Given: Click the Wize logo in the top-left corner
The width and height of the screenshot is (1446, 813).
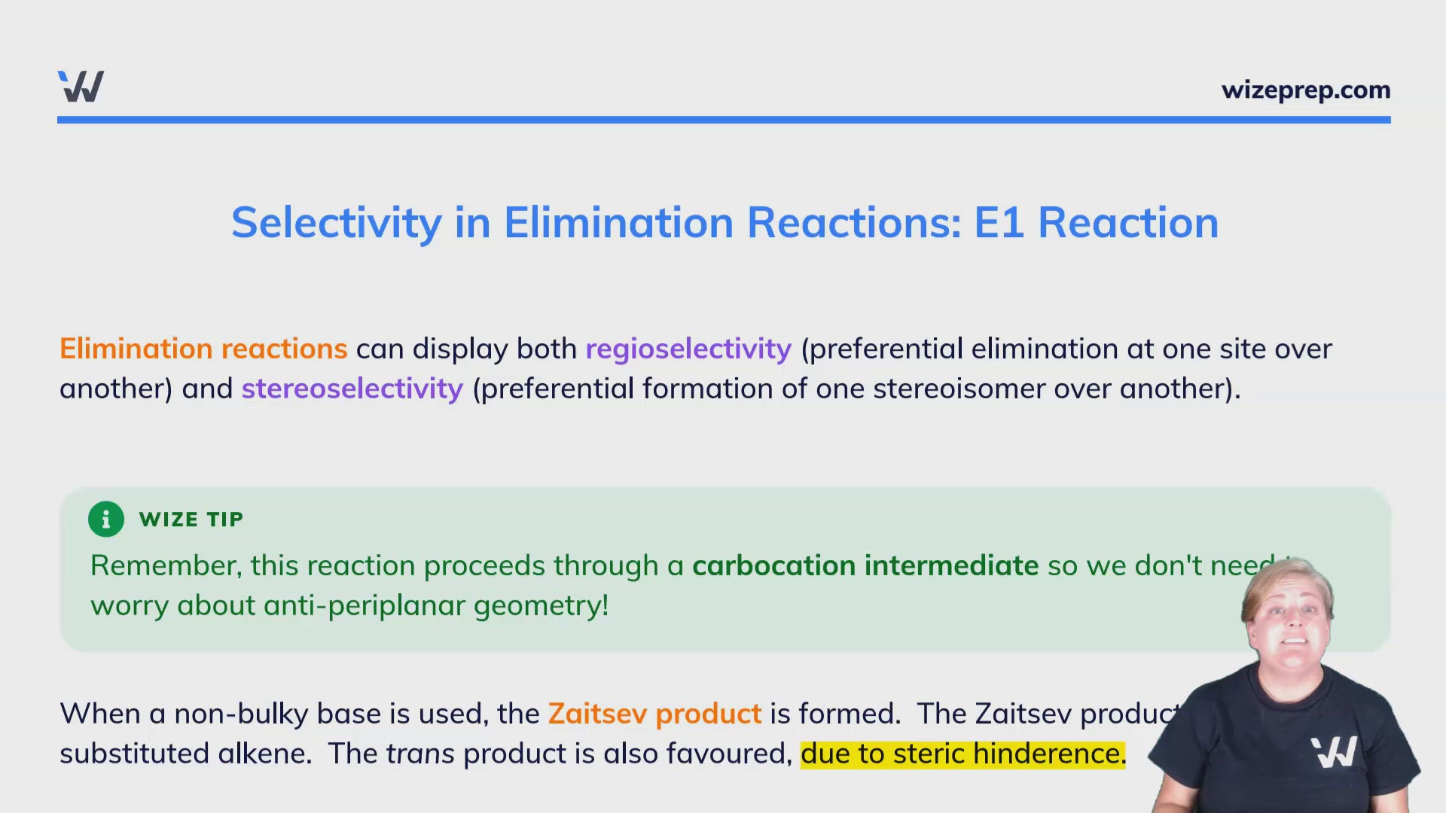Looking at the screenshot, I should point(81,87).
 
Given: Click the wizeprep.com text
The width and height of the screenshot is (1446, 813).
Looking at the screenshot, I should point(1305,90).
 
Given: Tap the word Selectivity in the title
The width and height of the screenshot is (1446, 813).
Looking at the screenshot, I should point(336,223).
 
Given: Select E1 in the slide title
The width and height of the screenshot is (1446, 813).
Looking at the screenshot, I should point(999,223).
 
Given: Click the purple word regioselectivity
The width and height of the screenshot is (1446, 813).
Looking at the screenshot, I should point(688,349).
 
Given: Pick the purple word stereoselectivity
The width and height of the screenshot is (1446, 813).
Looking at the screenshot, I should point(352,389).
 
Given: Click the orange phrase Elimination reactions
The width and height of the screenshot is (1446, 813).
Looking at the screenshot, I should point(203,349).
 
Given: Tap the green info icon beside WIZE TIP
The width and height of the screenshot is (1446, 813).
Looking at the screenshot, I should point(106,519).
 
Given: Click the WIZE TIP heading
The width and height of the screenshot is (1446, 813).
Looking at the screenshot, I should point(191,519).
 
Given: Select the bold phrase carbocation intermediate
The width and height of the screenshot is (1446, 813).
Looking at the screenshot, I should point(865,565).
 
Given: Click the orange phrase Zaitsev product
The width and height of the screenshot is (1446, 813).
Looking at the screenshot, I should point(654,714).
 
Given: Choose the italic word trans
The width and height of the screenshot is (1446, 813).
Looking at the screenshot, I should point(420,754).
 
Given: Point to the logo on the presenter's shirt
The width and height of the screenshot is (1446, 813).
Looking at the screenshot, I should point(1334,751).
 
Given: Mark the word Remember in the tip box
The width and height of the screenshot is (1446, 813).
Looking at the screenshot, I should point(166,565).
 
